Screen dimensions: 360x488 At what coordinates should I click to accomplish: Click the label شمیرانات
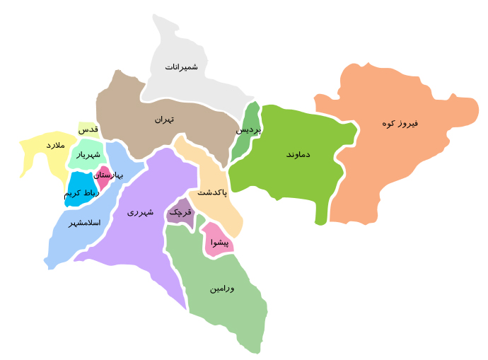(x=182, y=67)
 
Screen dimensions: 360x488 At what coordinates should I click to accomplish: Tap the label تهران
(x=164, y=120)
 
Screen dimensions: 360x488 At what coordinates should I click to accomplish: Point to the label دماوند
(x=298, y=154)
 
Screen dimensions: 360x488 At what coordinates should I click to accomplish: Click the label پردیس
(x=248, y=130)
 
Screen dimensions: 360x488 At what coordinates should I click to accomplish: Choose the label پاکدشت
(x=212, y=192)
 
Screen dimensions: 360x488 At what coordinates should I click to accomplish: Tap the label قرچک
(x=180, y=211)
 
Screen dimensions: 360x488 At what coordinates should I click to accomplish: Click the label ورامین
(x=222, y=289)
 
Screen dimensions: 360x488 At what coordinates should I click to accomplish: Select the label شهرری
(x=140, y=211)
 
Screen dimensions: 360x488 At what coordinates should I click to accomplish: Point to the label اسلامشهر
(x=84, y=223)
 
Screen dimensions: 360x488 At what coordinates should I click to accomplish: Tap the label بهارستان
(x=108, y=175)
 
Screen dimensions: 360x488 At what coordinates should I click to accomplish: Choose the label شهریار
(x=89, y=154)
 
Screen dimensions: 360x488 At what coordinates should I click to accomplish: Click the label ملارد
(x=55, y=145)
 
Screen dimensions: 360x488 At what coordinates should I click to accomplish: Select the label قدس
(x=88, y=130)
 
